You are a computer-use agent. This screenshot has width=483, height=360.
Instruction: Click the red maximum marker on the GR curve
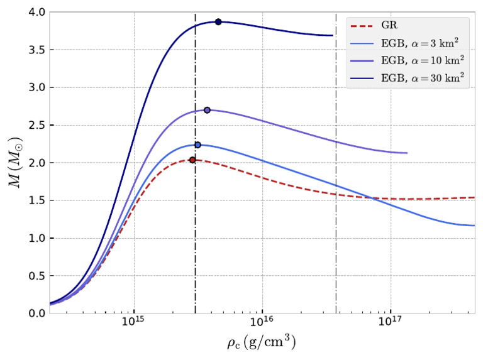[192, 160]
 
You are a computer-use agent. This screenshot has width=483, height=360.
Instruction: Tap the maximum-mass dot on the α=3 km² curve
[197, 145]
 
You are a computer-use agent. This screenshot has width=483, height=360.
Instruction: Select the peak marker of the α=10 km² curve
[207, 110]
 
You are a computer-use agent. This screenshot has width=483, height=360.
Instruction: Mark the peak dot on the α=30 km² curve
[218, 21]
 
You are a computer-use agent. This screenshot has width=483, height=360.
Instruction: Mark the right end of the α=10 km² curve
[407, 153]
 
